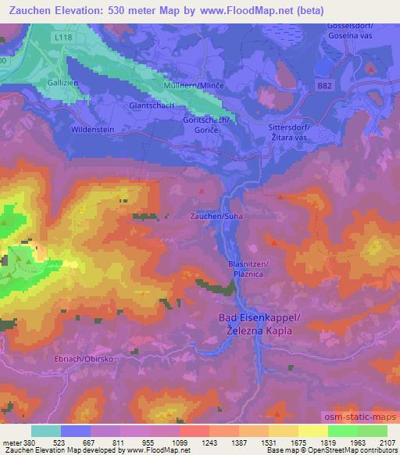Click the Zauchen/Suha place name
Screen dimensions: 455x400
point(215,216)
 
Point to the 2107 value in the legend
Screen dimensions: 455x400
point(387,442)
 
